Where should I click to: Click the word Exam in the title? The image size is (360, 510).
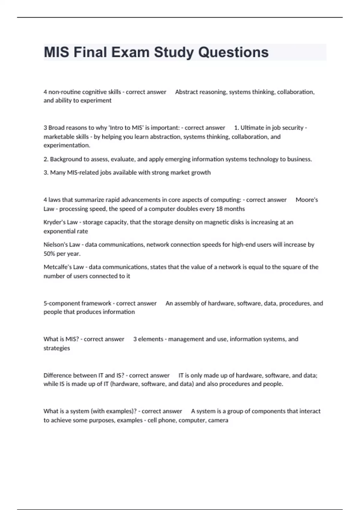click(x=130, y=52)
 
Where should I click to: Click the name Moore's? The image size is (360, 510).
click(x=307, y=200)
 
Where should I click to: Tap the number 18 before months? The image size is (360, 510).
click(x=219, y=209)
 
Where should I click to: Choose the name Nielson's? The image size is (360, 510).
click(x=56, y=245)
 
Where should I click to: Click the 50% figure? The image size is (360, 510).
click(x=49, y=254)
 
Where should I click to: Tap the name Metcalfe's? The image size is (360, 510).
click(x=58, y=267)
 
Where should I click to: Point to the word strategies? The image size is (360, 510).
click(x=57, y=348)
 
